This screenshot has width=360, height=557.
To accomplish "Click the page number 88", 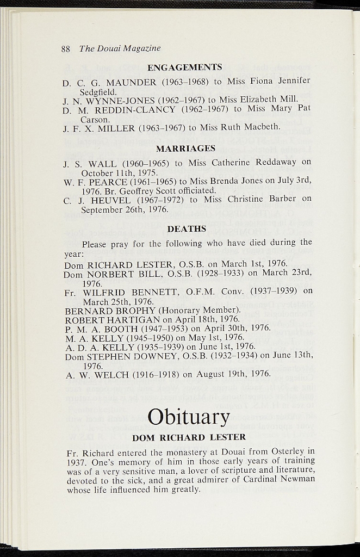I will pyautogui.click(x=66, y=48).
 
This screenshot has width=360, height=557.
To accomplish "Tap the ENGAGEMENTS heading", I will pyautogui.click(x=184, y=67).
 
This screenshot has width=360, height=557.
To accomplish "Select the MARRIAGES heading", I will pyautogui.click(x=185, y=148).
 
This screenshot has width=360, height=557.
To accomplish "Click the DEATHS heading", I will pyautogui.click(x=187, y=229).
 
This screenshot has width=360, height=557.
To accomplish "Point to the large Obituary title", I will pyautogui.click(x=189, y=417).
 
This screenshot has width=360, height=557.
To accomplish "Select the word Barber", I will pyautogui.click(x=282, y=199).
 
